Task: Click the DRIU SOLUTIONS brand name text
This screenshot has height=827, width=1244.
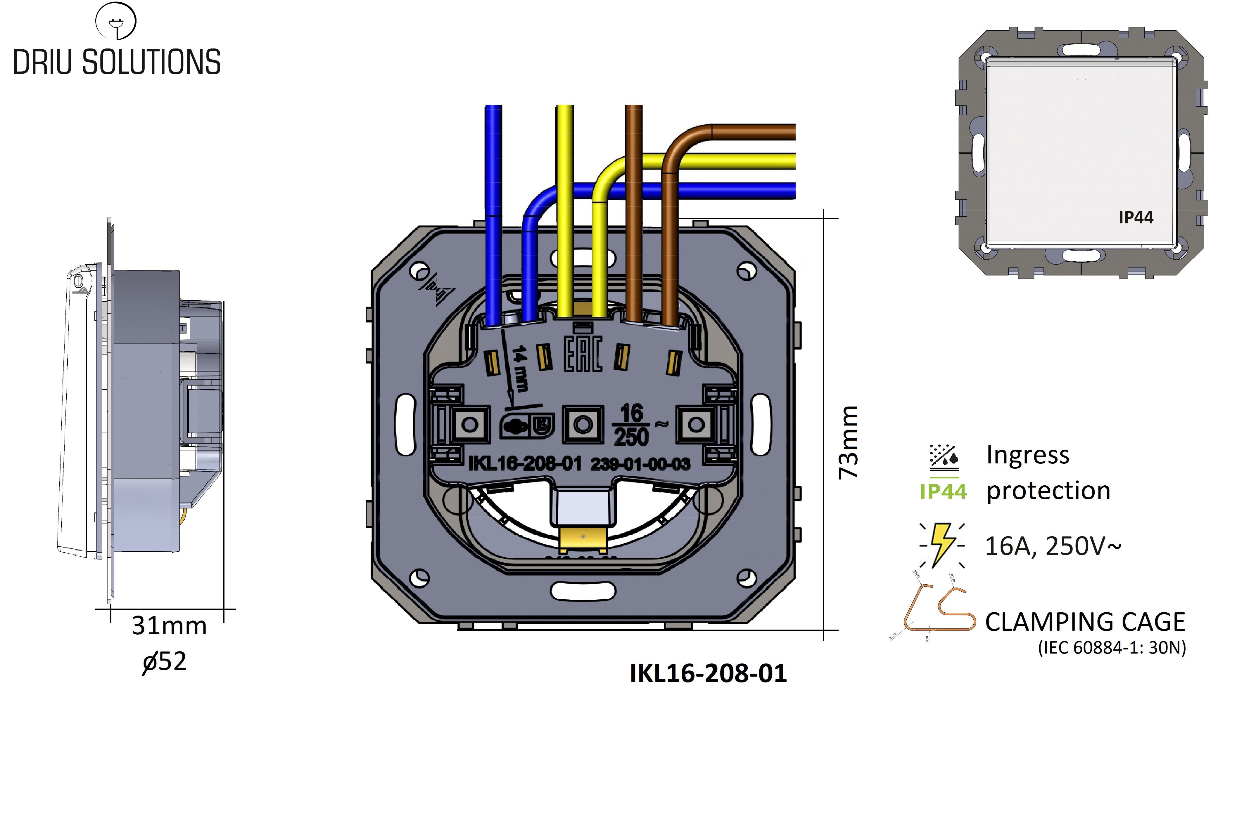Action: [x=117, y=62]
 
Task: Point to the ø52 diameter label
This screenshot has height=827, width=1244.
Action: [x=165, y=661]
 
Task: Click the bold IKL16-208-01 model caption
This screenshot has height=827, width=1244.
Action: [x=708, y=673]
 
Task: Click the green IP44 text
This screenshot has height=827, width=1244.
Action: [x=943, y=491]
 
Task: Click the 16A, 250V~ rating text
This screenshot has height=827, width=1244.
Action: [x=1053, y=546]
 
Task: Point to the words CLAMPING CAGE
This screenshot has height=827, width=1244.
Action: [x=1085, y=622]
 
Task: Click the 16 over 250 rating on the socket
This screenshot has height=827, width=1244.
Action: [x=631, y=425]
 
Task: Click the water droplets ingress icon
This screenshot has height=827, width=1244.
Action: [x=944, y=457]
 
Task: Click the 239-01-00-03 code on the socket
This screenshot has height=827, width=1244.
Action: [x=640, y=464]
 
